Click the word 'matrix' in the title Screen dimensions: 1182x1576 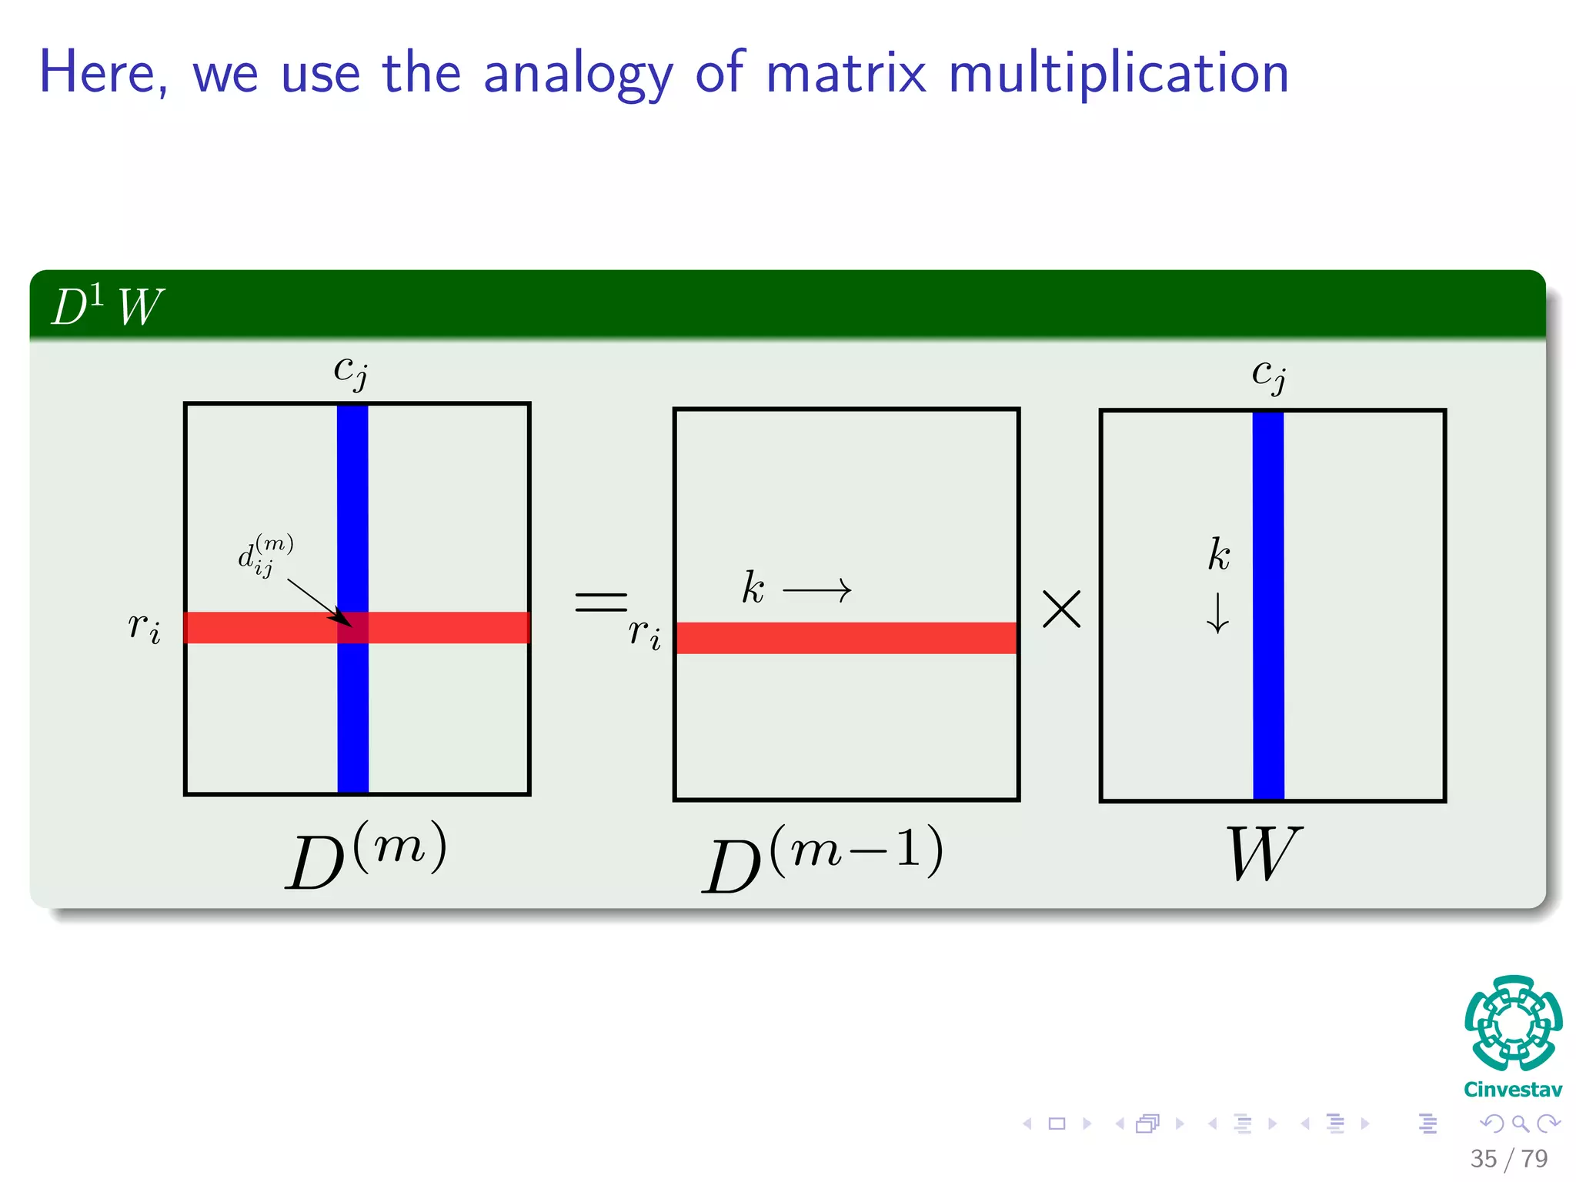click(x=846, y=73)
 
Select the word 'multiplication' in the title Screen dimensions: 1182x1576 click(x=1117, y=75)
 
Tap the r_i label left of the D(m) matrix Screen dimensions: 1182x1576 click(x=145, y=626)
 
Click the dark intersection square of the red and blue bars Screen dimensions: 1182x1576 click(x=353, y=628)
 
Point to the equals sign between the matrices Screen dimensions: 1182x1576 click(x=601, y=602)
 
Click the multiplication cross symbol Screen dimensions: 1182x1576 click(x=1061, y=609)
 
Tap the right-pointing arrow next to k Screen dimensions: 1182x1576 click(x=816, y=591)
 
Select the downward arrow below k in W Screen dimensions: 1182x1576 click(x=1217, y=613)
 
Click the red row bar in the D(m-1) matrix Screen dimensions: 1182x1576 click(x=846, y=638)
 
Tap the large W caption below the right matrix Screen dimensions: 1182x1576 click(x=1263, y=854)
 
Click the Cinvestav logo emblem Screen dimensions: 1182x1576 click(x=1513, y=1023)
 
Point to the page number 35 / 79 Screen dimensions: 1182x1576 click(x=1508, y=1158)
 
